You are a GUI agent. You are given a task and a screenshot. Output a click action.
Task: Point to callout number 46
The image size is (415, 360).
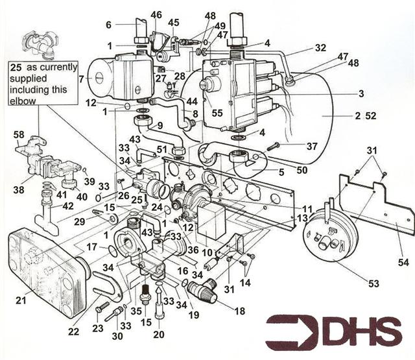(156, 14)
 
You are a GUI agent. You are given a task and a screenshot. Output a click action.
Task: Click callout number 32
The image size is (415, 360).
(320, 47)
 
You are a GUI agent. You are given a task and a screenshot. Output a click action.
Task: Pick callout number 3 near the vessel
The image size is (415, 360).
(360, 93)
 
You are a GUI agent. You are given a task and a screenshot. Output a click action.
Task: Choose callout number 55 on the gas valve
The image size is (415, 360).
(218, 112)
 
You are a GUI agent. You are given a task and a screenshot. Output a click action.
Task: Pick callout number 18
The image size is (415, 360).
(239, 311)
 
